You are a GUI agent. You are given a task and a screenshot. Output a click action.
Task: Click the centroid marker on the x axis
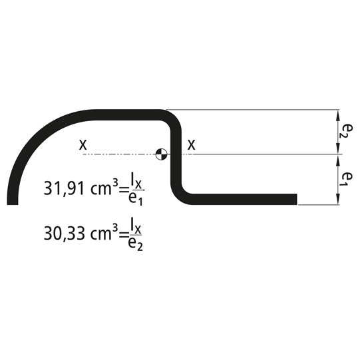coord(160,154)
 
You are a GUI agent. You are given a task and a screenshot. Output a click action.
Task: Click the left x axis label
coord(83,144)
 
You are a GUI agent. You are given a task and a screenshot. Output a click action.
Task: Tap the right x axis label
coord(192,144)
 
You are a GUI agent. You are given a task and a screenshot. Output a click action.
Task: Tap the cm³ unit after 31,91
coord(106,188)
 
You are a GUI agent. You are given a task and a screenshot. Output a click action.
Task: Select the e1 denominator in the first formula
coord(135,199)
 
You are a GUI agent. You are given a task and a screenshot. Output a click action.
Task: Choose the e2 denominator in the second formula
coord(135,244)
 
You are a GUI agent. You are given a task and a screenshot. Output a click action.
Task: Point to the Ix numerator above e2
coord(135,224)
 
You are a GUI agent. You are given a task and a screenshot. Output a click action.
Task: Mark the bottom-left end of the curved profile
coord(12,200)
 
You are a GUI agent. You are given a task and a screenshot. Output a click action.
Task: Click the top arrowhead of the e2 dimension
coord(339,112)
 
